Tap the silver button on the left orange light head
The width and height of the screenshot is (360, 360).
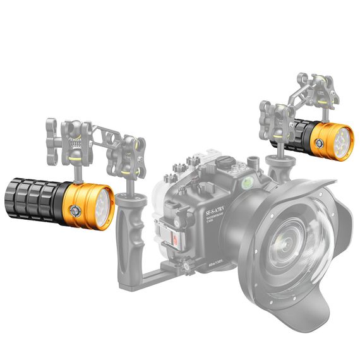click(76, 210)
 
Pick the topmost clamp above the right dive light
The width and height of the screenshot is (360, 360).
click(315, 88)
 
